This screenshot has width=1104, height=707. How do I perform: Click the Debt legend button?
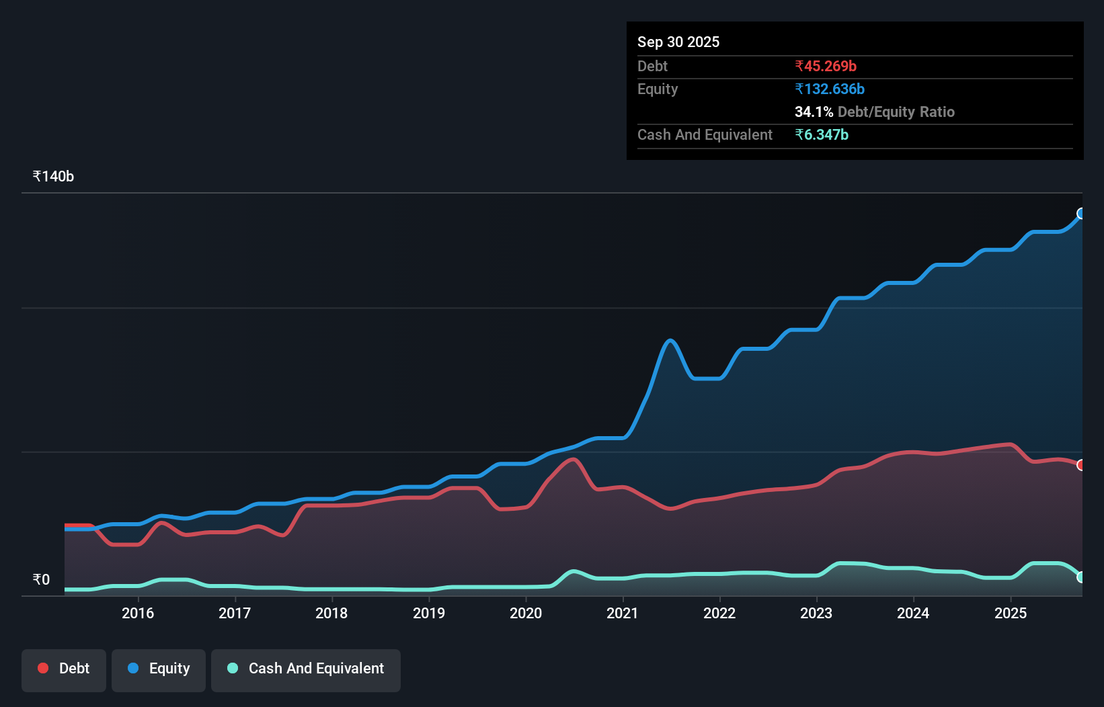(64, 669)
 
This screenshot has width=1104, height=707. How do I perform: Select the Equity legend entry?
(159, 669)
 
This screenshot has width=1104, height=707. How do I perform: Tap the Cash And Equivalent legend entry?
(306, 669)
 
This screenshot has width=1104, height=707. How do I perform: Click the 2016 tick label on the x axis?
(138, 613)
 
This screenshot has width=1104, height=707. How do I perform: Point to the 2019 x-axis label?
(429, 613)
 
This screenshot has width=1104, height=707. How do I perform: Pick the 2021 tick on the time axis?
(623, 613)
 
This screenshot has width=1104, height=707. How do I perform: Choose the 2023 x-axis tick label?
(816, 613)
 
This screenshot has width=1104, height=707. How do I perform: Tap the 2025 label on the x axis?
(1011, 613)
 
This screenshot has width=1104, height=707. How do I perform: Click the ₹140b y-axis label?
(53, 177)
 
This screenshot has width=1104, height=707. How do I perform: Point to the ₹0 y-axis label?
(41, 580)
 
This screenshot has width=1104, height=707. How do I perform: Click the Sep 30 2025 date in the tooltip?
(678, 42)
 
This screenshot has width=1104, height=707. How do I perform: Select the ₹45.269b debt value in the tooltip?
(826, 67)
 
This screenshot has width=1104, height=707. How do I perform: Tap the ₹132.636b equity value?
(830, 89)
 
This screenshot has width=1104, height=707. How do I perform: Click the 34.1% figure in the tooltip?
(814, 112)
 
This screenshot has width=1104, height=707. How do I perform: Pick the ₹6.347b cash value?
(822, 135)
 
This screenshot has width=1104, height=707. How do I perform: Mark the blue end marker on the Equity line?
(1081, 214)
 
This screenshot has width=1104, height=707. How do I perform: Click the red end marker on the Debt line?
(1081, 465)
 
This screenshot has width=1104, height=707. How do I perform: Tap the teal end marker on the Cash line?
(1081, 577)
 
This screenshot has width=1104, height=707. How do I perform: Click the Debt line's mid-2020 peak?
(573, 460)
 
